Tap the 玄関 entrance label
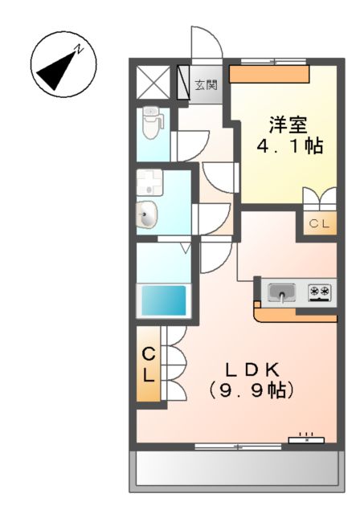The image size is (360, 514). tap(206, 84)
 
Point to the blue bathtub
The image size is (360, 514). tap(165, 300)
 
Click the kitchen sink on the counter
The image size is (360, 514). tap(282, 292)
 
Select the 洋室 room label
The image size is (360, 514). tap(288, 124)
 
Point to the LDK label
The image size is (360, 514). tap(251, 369)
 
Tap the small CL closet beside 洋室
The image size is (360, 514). tap(318, 224)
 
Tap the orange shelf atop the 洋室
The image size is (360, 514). tap(269, 74)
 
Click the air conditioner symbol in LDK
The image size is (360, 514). tap(306, 439)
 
